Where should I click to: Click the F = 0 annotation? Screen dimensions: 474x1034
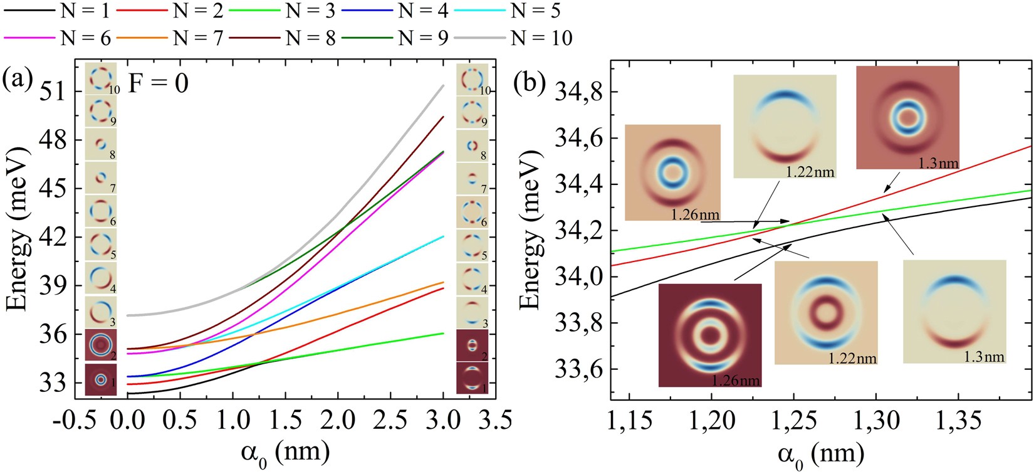[158, 82]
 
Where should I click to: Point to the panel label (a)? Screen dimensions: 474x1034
[18, 80]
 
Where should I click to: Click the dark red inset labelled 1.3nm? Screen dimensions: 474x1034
[907, 117]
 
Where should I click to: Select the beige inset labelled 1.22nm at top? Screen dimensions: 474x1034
[784, 126]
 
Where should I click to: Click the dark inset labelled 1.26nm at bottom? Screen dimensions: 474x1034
[710, 335]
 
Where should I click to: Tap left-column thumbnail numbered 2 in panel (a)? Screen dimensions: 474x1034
[100, 345]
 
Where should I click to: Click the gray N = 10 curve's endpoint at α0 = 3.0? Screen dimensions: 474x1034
[444, 85]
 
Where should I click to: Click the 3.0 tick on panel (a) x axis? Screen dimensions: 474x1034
[443, 419]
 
